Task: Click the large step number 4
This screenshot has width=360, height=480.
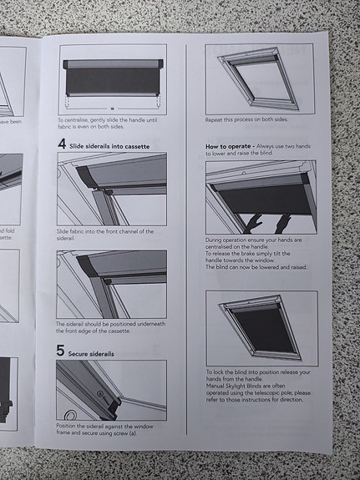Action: (x=62, y=144)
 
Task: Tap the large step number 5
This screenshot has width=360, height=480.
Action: (x=61, y=351)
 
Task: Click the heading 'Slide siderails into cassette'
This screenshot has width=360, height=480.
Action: (x=110, y=145)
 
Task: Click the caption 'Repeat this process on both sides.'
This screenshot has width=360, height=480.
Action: (x=246, y=122)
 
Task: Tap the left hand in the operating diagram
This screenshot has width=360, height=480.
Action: (x=253, y=222)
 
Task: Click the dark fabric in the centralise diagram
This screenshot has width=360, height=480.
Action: (x=112, y=82)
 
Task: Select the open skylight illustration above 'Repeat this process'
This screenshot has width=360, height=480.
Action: (x=260, y=77)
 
